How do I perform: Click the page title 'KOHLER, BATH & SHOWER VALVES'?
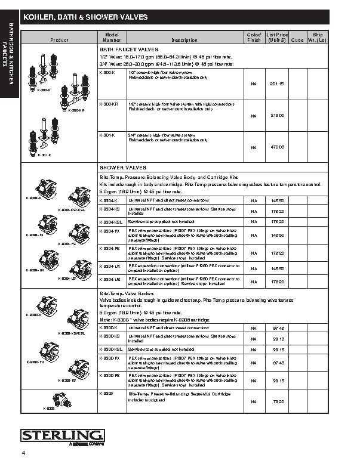coord(85,18)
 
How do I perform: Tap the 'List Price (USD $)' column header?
coord(277,37)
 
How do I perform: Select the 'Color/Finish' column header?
coord(254,37)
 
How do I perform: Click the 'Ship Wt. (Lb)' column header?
coord(317,37)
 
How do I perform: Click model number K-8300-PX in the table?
coord(109,358)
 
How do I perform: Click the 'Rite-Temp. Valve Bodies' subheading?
coord(125,295)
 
